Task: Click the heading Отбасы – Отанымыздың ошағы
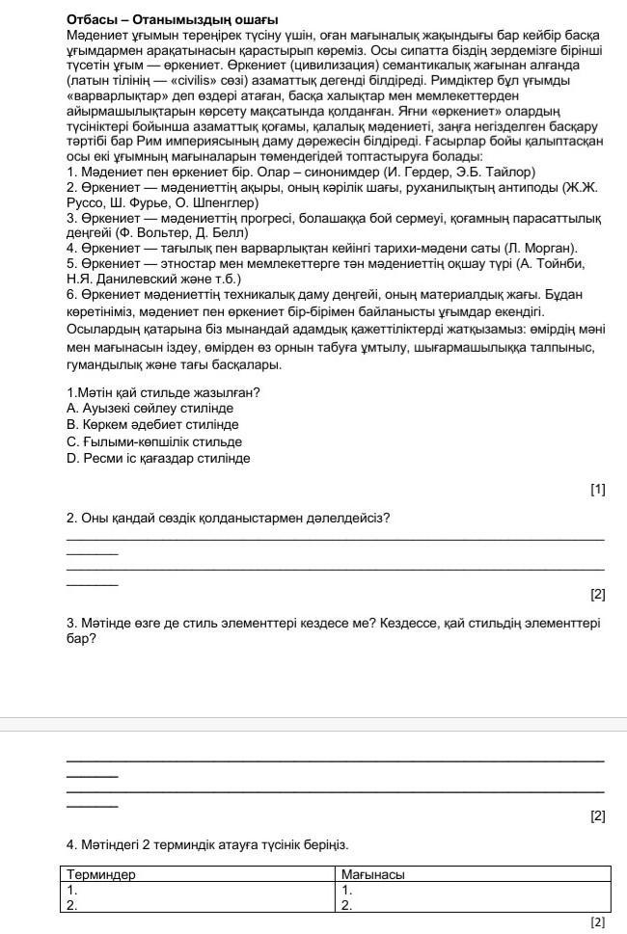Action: pyautogui.click(x=173, y=19)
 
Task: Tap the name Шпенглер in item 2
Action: pyautogui.click(x=224, y=203)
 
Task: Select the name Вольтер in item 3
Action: pyautogui.click(x=171, y=233)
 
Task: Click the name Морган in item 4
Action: pyautogui.click(x=553, y=249)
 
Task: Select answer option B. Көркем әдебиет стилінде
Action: pyautogui.click(x=152, y=425)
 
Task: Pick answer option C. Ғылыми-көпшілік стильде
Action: pyautogui.click(x=154, y=441)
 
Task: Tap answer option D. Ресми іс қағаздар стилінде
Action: pyautogui.click(x=158, y=458)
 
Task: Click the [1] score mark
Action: pyautogui.click(x=597, y=490)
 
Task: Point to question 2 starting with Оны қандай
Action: pyautogui.click(x=228, y=518)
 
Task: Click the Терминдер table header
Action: pyautogui.click(x=101, y=874)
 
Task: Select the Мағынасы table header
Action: pyautogui.click(x=373, y=874)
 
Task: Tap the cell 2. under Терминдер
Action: pyautogui.click(x=72, y=905)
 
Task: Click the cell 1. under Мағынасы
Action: pyautogui.click(x=347, y=890)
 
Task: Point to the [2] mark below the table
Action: pyautogui.click(x=597, y=922)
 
